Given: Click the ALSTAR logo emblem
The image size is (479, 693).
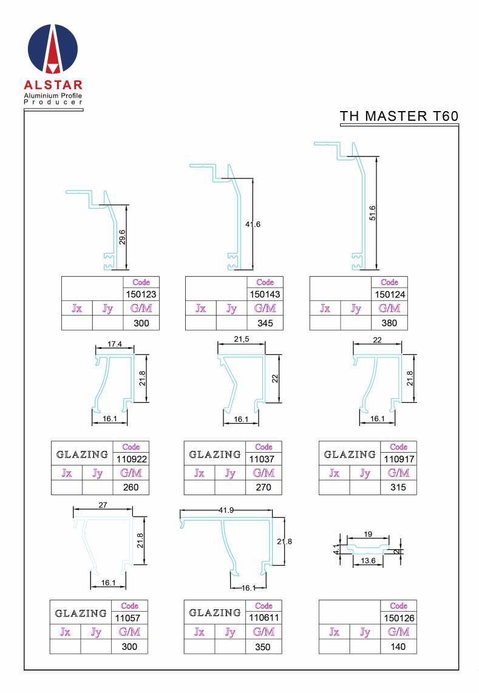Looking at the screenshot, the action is click(x=53, y=49).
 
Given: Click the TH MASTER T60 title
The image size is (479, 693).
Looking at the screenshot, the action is click(x=399, y=117).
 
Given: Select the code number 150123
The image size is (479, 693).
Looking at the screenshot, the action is click(x=141, y=294).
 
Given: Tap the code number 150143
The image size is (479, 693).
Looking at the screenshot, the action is click(x=265, y=294).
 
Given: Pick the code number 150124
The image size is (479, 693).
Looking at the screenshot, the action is click(x=389, y=294).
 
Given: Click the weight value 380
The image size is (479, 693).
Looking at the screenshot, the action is click(x=389, y=323).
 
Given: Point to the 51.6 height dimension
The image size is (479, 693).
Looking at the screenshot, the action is click(x=372, y=213).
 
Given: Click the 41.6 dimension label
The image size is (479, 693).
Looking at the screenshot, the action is click(x=253, y=224).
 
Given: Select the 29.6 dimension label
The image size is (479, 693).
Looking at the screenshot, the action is click(x=122, y=237).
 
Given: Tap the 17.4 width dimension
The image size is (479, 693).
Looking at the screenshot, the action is click(x=115, y=344).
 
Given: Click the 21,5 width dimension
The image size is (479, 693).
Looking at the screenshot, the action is click(x=242, y=339).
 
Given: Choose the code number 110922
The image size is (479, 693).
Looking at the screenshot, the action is click(x=131, y=459).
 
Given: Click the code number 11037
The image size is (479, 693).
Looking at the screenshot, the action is click(x=262, y=459).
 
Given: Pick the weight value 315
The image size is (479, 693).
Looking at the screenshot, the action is click(x=398, y=487).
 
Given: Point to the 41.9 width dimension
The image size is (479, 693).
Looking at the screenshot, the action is click(x=226, y=510).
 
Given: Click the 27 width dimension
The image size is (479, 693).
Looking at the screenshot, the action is click(x=103, y=505).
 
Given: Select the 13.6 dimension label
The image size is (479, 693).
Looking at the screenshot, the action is click(x=368, y=561).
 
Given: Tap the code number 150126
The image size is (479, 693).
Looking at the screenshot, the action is click(x=399, y=618).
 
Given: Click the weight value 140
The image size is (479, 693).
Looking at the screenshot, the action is click(x=398, y=647).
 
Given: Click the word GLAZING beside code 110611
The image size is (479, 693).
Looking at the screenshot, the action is click(x=215, y=612).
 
